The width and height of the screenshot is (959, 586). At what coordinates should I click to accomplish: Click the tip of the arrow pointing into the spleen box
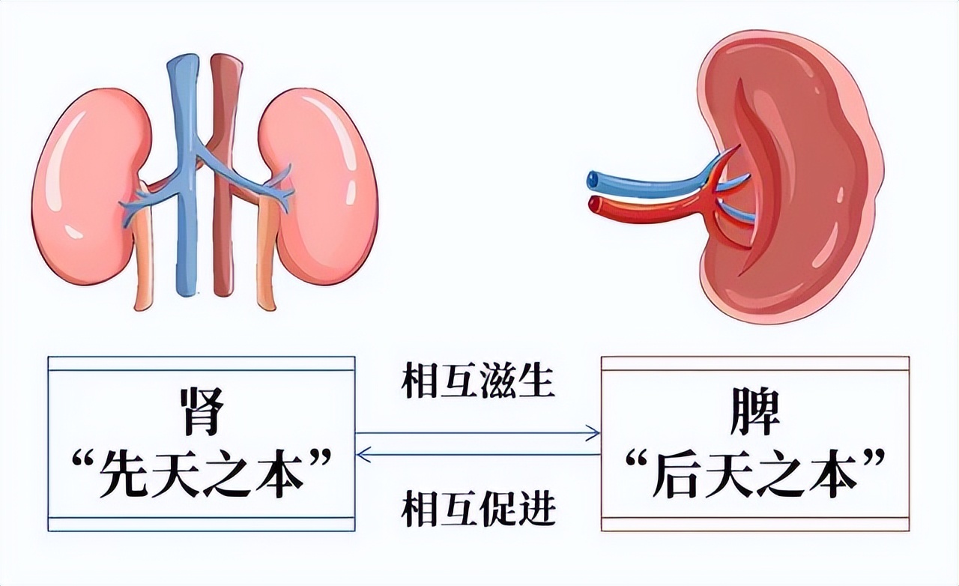(x=600, y=433)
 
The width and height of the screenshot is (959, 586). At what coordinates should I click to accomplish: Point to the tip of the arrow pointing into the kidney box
(x=356, y=455)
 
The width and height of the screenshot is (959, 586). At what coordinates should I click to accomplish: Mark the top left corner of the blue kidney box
(x=48, y=357)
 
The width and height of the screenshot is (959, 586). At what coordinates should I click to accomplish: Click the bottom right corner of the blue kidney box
(x=355, y=531)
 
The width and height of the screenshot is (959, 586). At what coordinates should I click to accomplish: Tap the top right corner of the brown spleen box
(x=910, y=357)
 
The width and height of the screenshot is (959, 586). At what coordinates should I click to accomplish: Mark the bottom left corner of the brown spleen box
(x=601, y=531)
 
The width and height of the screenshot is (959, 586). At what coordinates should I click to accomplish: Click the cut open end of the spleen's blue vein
(x=593, y=178)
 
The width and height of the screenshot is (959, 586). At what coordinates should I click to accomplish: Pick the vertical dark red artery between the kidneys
(x=226, y=172)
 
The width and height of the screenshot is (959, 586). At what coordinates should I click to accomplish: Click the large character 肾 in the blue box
(x=202, y=411)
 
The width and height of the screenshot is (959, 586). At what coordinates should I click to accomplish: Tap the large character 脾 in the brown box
(x=754, y=411)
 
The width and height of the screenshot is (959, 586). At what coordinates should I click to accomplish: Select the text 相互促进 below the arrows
(x=478, y=508)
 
